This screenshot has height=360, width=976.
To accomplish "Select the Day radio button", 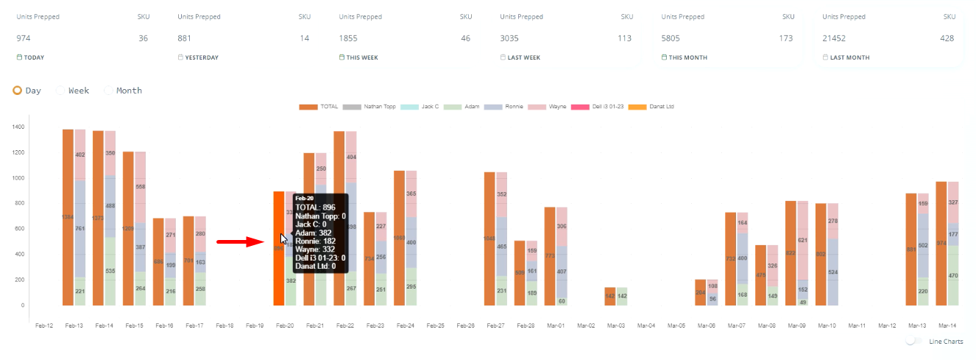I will (17, 91).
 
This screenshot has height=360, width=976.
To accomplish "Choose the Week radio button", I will (60, 91).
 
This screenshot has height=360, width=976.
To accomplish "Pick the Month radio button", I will (109, 91).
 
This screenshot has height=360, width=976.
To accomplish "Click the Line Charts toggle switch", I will (914, 341).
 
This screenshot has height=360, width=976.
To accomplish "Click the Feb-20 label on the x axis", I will (284, 325).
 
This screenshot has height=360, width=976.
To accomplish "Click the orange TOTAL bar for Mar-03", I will (609, 296).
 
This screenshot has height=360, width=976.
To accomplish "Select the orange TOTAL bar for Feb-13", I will (68, 217).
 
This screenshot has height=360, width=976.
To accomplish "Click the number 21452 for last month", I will (835, 38).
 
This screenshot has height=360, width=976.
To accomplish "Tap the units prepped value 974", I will (24, 38).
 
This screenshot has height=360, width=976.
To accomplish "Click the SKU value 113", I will (625, 38).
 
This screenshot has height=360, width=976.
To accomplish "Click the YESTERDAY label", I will (201, 57).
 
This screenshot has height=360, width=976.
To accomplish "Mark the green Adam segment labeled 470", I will (952, 275).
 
